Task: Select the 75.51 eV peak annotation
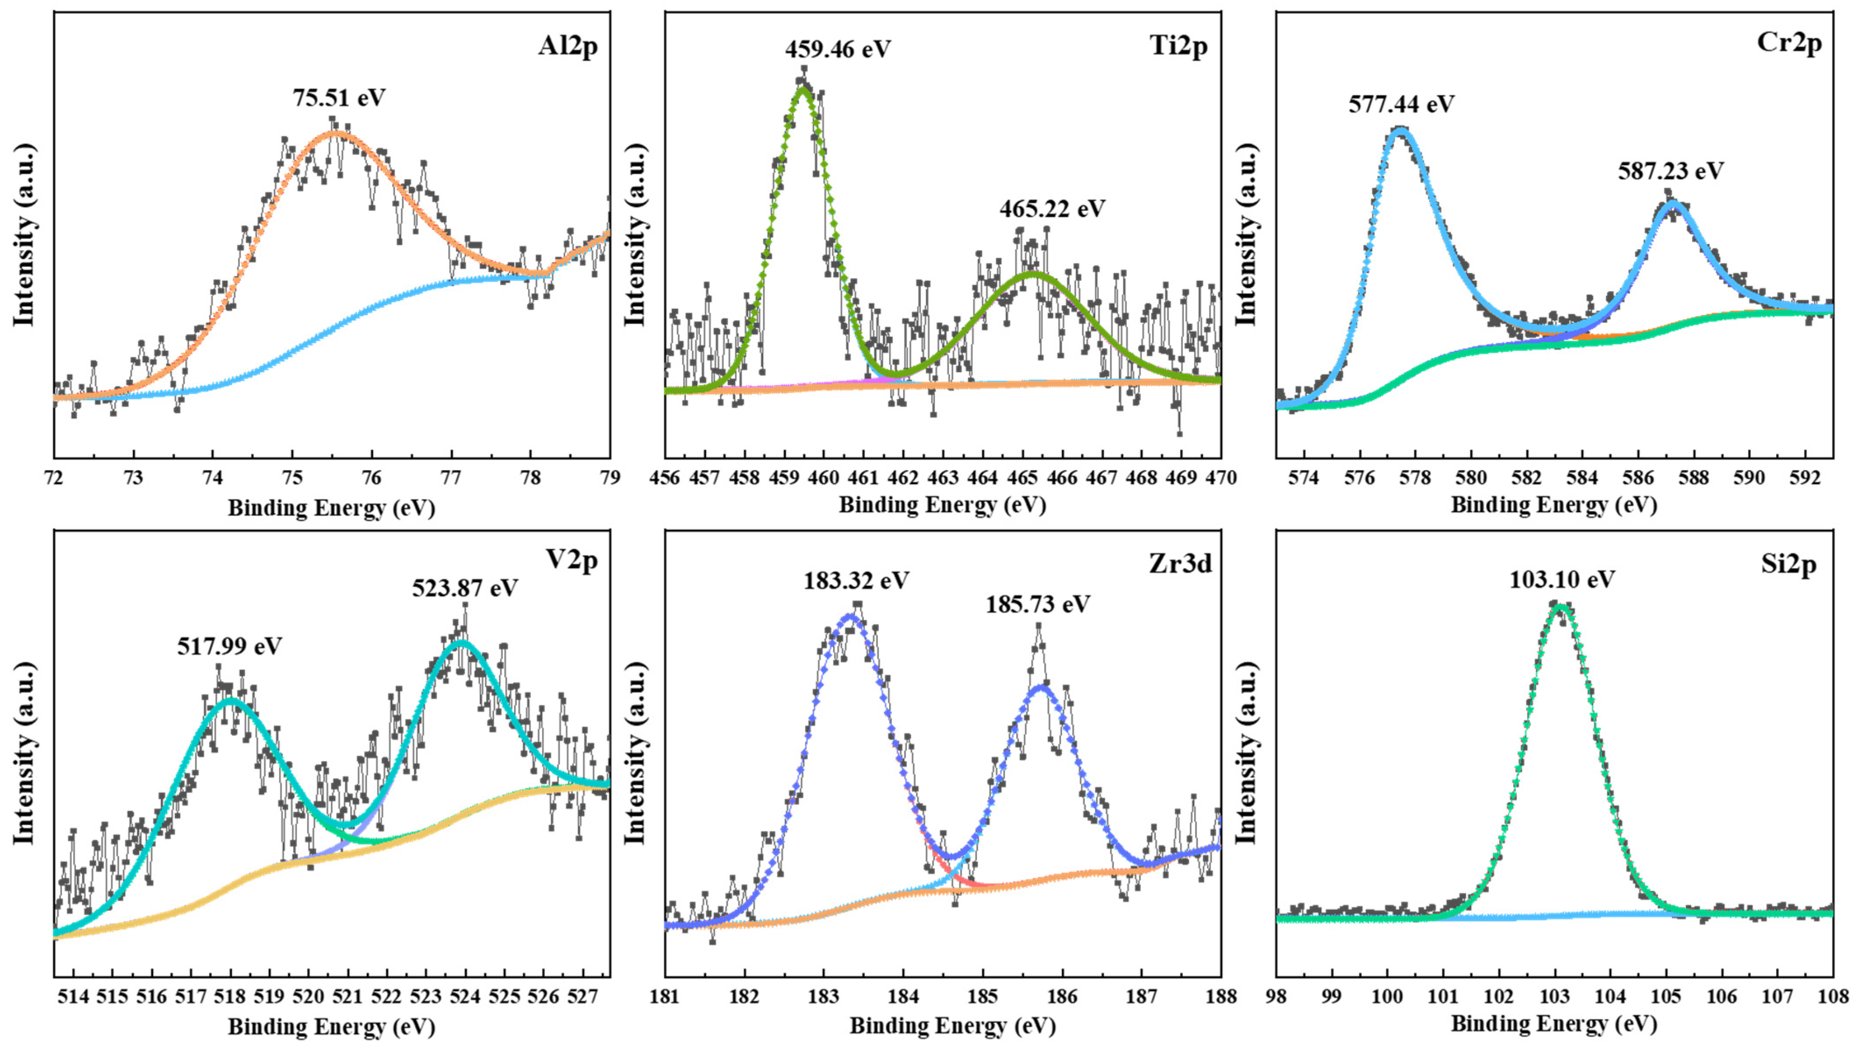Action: (x=339, y=97)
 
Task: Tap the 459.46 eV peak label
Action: (x=838, y=49)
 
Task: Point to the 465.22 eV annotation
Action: (x=1052, y=209)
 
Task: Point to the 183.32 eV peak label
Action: (x=856, y=580)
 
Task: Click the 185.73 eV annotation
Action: (x=1038, y=604)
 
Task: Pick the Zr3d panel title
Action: (x=1180, y=564)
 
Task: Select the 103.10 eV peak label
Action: (x=1562, y=579)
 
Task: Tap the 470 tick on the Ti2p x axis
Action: (x=1220, y=478)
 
